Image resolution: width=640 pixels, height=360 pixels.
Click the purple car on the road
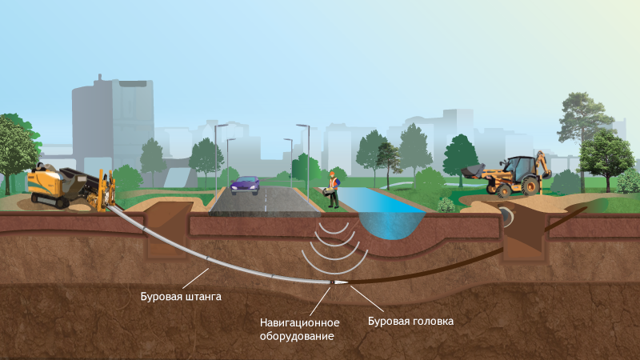[245, 186]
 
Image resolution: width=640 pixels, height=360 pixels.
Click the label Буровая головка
[410, 321]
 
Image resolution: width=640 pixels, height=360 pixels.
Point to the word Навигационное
[300, 322]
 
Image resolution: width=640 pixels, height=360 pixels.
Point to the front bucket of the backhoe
[473, 171]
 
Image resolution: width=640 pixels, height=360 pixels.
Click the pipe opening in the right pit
[507, 216]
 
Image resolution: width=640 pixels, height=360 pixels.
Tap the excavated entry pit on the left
[164, 232]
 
